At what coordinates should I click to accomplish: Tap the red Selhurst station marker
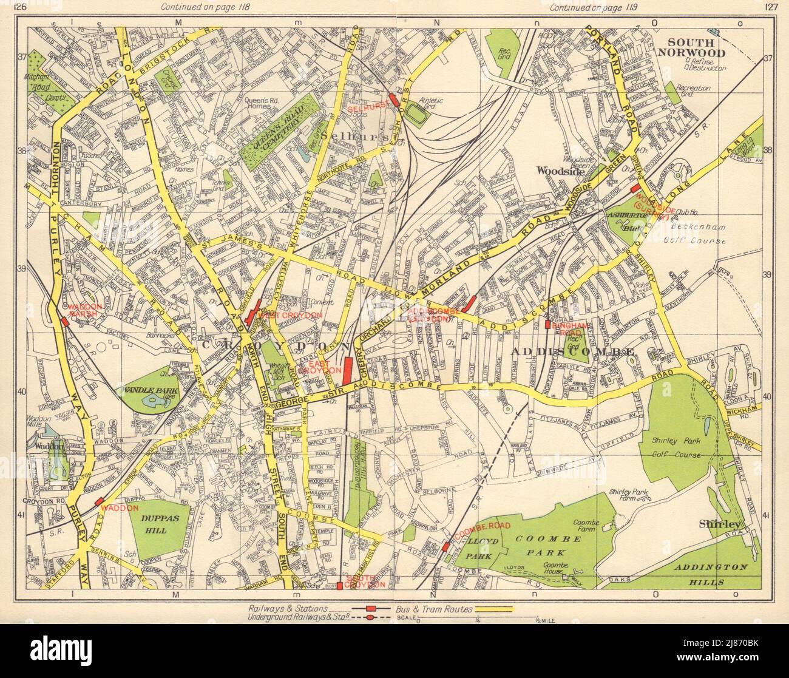[393, 99]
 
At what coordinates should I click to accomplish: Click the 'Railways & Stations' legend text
[288, 608]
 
